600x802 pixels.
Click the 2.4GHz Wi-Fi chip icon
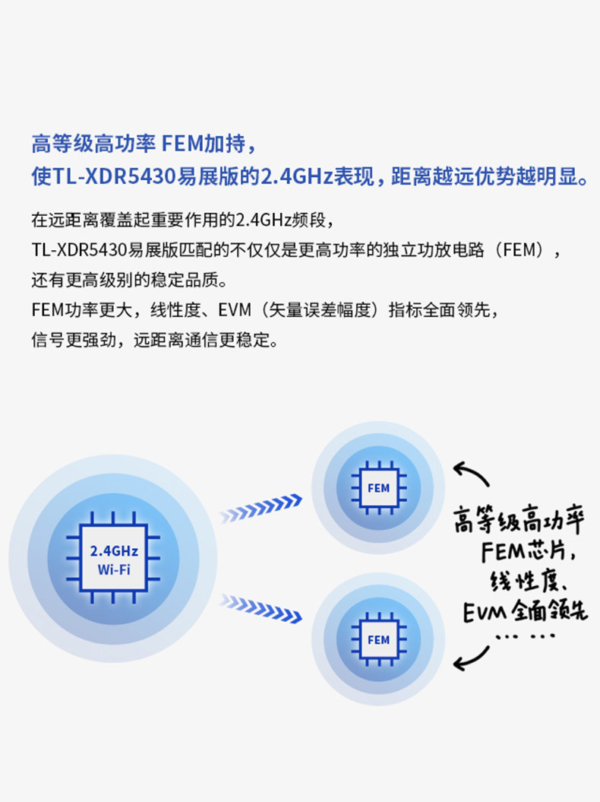pyautogui.click(x=113, y=558)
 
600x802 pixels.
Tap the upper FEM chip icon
pyautogui.click(x=379, y=488)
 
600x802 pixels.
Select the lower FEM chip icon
pyautogui.click(x=379, y=639)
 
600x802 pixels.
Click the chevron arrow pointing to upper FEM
pyautogui.click(x=261, y=509)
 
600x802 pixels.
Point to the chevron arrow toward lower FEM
pyautogui.click(x=261, y=608)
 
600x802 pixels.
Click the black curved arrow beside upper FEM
pyautogui.click(x=471, y=473)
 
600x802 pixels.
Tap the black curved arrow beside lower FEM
pyautogui.click(x=471, y=658)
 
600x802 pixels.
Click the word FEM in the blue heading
pyautogui.click(x=182, y=144)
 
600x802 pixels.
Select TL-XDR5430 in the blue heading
pyautogui.click(x=115, y=177)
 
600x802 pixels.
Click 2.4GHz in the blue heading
pyautogui.click(x=297, y=177)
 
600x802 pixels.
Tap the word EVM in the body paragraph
pyautogui.click(x=235, y=310)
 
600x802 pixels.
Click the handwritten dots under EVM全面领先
pyautogui.click(x=526, y=637)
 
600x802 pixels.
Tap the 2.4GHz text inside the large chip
pyautogui.click(x=114, y=551)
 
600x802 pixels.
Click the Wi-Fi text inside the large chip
pyautogui.click(x=114, y=569)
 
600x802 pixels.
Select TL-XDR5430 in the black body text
pyautogui.click(x=79, y=250)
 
